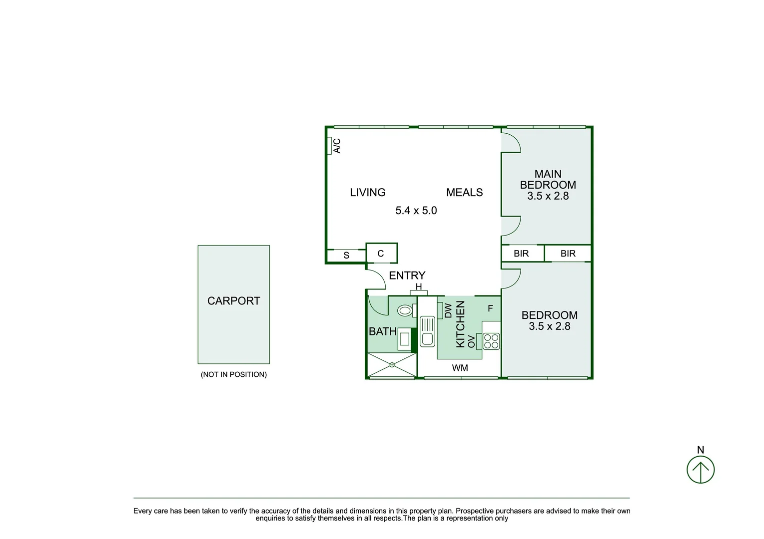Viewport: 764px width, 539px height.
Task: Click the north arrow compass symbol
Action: coord(700,470)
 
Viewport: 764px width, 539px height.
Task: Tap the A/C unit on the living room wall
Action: coord(330,146)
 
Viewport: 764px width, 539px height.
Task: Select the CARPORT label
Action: coord(233,301)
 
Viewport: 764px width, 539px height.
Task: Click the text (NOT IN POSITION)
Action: coord(233,374)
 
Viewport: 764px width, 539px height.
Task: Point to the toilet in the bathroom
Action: coord(405,311)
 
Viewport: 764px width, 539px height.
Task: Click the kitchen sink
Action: coord(427,331)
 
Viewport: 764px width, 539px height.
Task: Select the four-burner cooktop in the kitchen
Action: coord(491,341)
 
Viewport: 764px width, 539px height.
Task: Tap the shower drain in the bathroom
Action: coord(392,365)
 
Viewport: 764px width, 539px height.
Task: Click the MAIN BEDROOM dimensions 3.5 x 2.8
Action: coord(548,196)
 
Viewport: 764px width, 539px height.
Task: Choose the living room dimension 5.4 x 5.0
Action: coord(416,211)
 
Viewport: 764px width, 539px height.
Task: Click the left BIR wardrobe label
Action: coord(521,254)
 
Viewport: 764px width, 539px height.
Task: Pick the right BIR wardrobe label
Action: coord(568,254)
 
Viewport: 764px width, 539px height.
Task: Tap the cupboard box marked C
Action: coord(381,254)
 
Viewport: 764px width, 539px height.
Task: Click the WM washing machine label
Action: coord(460,368)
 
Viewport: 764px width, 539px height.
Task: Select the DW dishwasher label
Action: coord(448,310)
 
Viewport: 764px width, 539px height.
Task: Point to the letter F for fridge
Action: coord(490,308)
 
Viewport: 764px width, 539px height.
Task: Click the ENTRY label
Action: coord(407,275)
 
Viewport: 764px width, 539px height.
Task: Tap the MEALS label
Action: coord(464,193)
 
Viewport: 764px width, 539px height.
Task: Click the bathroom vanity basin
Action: coord(404,339)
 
